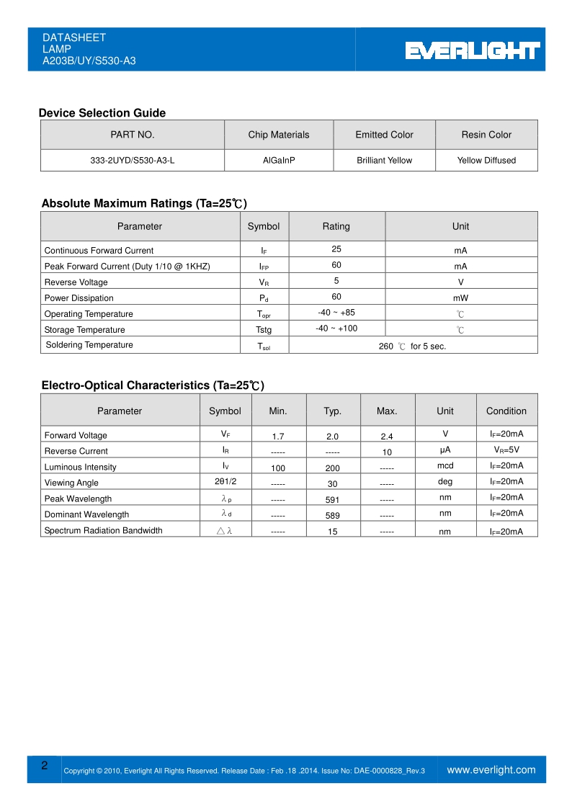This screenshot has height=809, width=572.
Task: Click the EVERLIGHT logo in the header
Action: (472, 50)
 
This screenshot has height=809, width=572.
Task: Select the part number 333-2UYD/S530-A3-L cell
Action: (132, 161)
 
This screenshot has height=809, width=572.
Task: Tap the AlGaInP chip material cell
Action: (279, 161)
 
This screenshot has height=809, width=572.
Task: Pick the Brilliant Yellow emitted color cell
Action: (384, 161)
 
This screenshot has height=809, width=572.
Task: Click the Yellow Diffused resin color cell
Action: (486, 161)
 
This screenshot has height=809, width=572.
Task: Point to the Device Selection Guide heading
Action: (102, 113)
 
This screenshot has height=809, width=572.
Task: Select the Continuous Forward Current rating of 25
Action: (336, 249)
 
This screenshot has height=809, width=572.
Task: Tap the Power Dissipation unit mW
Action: (460, 298)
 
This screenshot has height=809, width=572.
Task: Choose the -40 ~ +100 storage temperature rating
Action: (336, 328)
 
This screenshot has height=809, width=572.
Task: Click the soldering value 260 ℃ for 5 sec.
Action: (412, 347)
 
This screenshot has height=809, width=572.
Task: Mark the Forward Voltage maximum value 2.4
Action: (386, 437)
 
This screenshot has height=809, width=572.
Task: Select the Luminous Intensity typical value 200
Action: (332, 468)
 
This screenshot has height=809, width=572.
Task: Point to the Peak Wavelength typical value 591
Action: (332, 499)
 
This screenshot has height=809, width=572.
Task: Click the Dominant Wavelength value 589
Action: (332, 516)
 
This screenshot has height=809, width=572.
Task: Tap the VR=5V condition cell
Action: (506, 450)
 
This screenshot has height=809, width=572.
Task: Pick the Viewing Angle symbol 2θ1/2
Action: (225, 481)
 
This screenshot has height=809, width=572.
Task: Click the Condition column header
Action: (506, 411)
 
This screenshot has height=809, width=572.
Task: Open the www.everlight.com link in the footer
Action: (491, 770)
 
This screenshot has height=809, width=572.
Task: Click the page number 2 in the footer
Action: (45, 766)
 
